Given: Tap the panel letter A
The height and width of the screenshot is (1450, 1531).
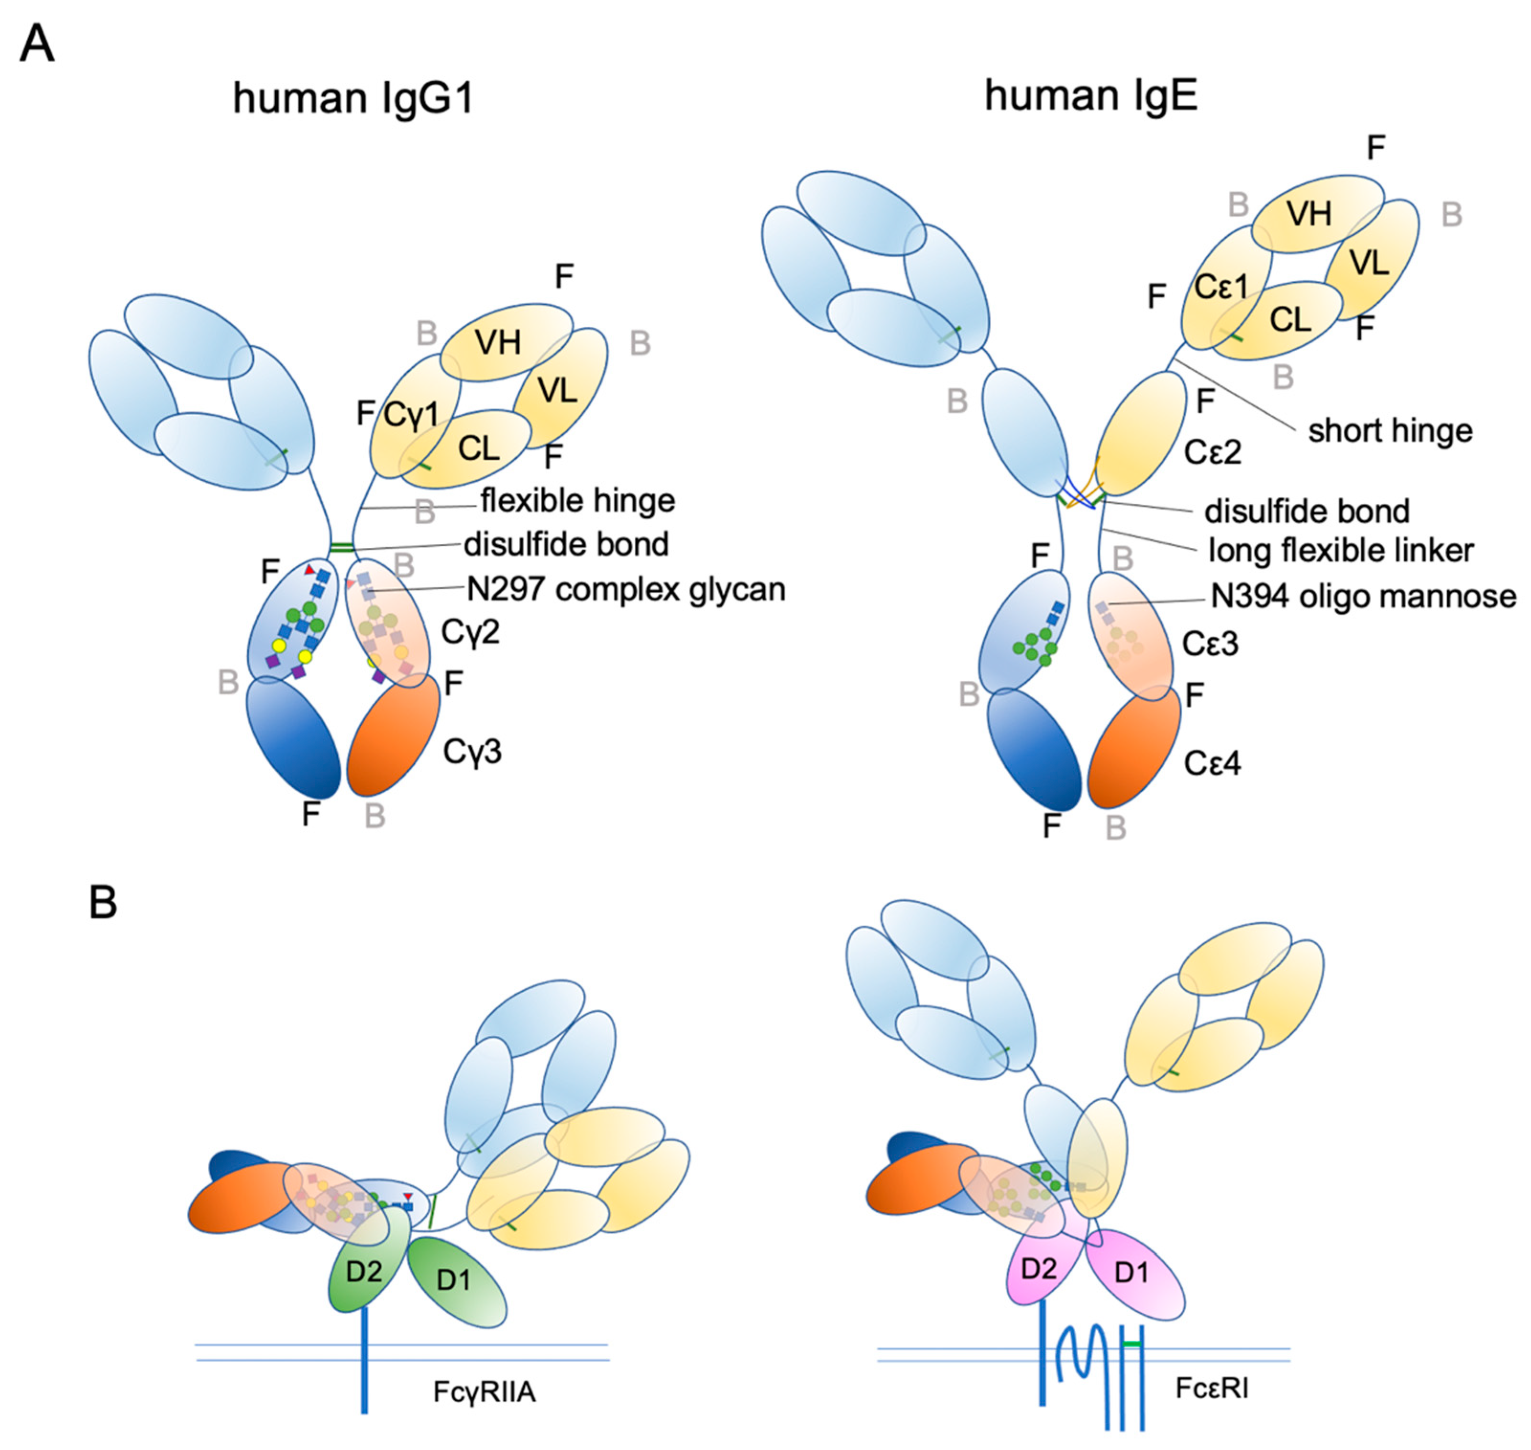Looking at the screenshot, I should [x=36, y=44].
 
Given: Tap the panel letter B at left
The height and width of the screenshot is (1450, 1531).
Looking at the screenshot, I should [x=104, y=902].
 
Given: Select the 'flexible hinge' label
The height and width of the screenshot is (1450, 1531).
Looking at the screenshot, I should [x=577, y=501].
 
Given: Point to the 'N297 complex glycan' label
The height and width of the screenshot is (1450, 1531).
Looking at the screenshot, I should [x=626, y=590].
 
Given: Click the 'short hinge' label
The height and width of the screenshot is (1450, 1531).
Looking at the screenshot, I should [x=1389, y=431].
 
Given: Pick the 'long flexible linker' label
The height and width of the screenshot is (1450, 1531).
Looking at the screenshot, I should [x=1341, y=550].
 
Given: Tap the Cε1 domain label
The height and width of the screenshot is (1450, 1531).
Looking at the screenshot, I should [x=1221, y=287].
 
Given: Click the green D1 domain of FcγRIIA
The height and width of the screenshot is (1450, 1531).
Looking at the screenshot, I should [x=456, y=1281].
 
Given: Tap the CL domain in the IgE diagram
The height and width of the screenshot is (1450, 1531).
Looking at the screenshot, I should [x=1290, y=319].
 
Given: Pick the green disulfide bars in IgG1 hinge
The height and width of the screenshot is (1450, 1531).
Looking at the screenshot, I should [x=341, y=548].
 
